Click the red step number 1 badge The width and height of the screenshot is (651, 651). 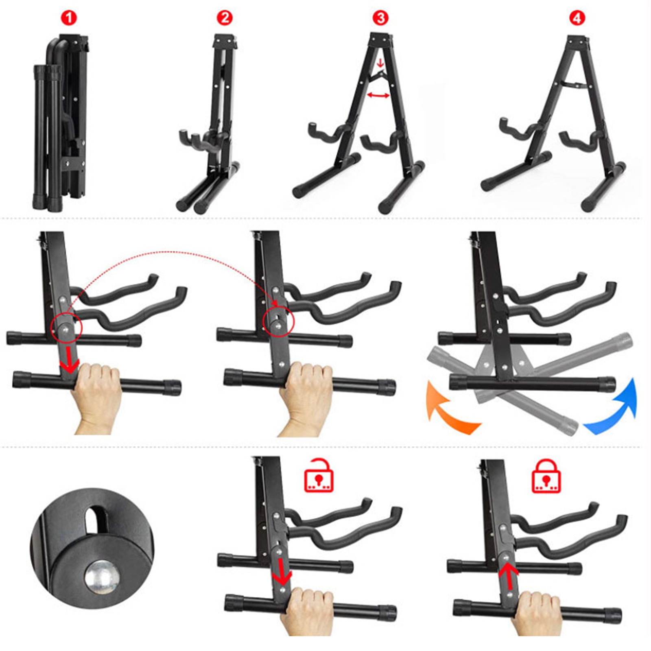(69, 18)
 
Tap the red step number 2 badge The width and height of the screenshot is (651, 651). (225, 18)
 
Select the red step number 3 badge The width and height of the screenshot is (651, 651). (380, 18)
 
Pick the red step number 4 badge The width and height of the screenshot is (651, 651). (577, 18)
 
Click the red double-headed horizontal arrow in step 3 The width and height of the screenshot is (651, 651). (378, 95)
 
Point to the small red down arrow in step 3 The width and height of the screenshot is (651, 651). (380, 63)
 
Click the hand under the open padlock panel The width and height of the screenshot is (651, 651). (307, 610)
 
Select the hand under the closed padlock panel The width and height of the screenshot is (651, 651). (537, 612)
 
